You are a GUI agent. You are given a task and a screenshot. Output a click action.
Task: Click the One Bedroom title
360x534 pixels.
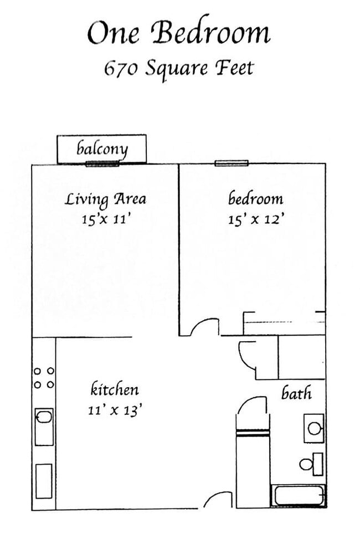click(178, 33)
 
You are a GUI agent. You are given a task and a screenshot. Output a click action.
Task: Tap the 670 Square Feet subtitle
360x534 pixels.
click(178, 69)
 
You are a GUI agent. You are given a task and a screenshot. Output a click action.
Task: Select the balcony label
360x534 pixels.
click(102, 148)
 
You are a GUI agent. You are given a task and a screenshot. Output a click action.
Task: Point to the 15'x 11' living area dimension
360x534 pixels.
click(105, 219)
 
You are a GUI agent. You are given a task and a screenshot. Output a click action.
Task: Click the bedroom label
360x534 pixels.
click(255, 198)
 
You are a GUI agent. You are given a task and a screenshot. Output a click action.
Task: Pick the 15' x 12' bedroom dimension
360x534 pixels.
click(255, 219)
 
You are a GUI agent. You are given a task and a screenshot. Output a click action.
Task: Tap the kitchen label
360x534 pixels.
click(115, 389)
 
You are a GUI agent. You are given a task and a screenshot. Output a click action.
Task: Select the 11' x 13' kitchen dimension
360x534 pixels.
click(115, 410)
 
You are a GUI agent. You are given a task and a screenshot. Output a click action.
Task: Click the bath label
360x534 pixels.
click(296, 393)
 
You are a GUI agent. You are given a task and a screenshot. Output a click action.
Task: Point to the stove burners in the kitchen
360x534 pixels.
click(44, 378)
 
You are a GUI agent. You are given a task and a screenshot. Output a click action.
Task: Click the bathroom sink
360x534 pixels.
click(314, 428)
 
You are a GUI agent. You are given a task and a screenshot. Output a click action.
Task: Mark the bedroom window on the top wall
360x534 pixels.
click(232, 163)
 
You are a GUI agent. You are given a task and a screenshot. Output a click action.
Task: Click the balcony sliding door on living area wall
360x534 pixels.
click(102, 163)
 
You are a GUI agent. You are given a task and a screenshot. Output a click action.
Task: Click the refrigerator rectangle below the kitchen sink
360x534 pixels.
click(44, 481)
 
